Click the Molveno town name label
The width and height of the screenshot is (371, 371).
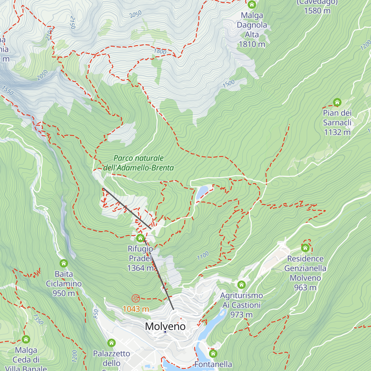(x=165, y=326)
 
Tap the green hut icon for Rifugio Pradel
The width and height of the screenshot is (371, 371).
(x=140, y=238)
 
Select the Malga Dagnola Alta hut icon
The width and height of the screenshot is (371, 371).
(x=252, y=5)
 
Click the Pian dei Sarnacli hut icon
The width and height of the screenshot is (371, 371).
(x=337, y=102)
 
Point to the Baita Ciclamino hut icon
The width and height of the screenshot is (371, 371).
(x=64, y=263)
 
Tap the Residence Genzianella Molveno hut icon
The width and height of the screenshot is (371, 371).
(x=305, y=248)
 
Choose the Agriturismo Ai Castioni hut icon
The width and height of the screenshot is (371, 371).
(x=241, y=285)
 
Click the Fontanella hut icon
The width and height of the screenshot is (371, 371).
(x=213, y=353)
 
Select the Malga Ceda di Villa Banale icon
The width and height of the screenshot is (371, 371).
(x=26, y=339)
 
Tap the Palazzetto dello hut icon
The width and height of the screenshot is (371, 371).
(x=111, y=343)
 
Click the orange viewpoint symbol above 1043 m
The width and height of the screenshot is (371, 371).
(x=136, y=298)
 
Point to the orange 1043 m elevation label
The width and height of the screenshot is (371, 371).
(x=136, y=309)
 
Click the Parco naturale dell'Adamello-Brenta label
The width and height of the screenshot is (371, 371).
(x=139, y=163)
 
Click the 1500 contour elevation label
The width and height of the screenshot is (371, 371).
(x=229, y=84)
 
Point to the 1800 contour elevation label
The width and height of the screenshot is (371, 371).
(x=160, y=51)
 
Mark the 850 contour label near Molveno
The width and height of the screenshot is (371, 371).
(x=96, y=314)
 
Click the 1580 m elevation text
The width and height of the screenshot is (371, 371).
(x=317, y=11)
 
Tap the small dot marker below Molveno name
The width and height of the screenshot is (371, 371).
(x=165, y=332)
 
